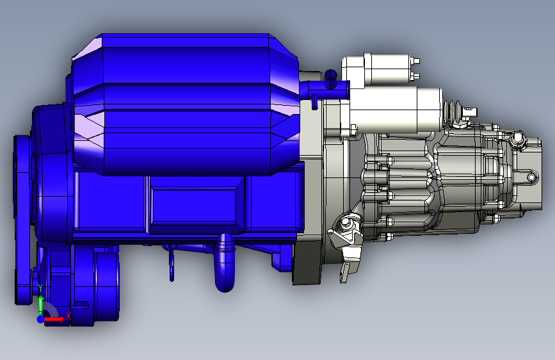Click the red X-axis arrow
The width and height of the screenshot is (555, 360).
(x=53, y=319)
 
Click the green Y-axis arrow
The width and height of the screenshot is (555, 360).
(x=41, y=304)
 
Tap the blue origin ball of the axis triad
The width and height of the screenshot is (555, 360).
(x=40, y=319)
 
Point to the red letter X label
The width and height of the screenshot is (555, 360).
(x=68, y=315)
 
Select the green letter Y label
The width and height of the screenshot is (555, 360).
(x=40, y=288)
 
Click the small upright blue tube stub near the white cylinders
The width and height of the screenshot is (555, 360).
(x=330, y=79)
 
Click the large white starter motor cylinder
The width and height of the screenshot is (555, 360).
(x=396, y=110)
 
